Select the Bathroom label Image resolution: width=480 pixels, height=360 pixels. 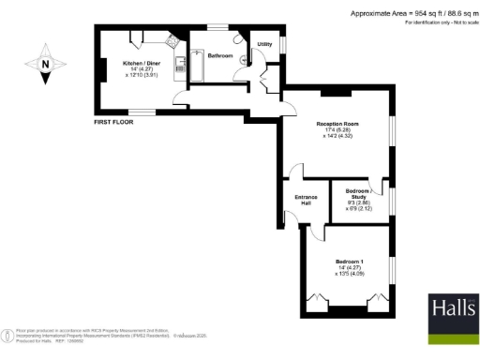tap(220, 56)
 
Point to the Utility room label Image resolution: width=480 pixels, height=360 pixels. tap(264, 44)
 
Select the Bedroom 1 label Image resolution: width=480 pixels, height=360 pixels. tap(350, 262)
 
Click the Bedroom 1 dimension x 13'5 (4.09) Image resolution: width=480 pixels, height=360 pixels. tap(350, 275)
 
